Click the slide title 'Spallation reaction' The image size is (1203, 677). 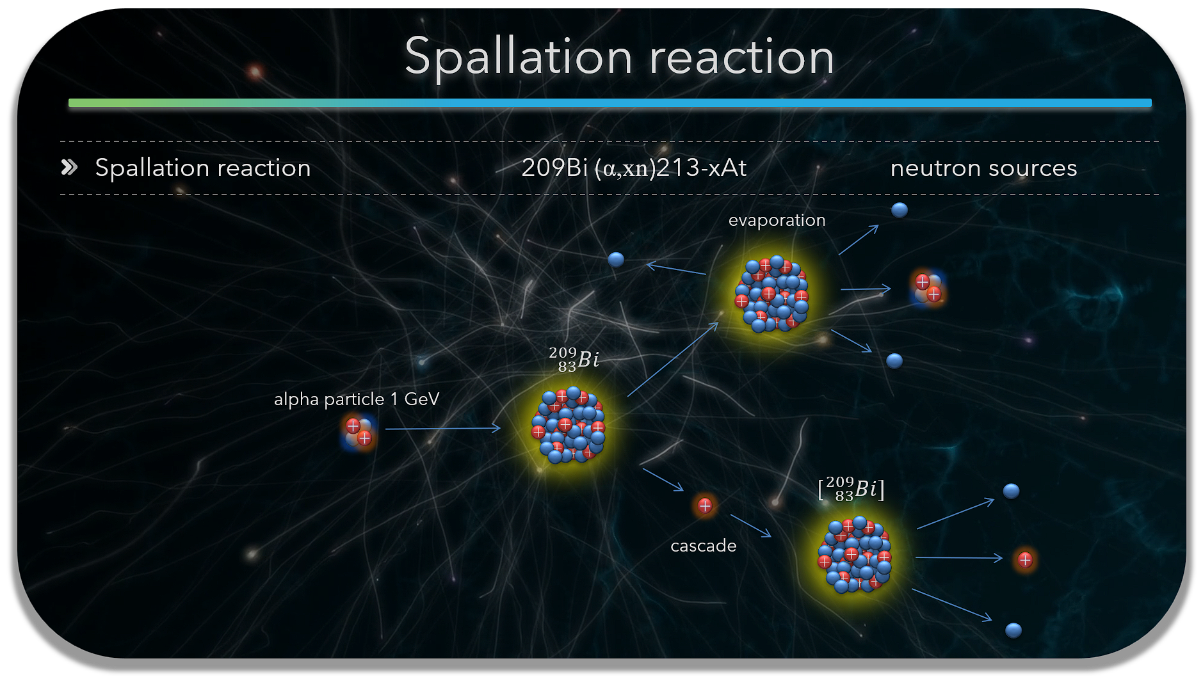click(x=619, y=57)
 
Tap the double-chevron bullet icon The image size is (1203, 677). click(x=69, y=168)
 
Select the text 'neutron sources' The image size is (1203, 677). click(x=983, y=168)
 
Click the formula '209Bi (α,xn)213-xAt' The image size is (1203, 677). click(x=634, y=168)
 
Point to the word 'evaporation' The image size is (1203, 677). click(x=777, y=220)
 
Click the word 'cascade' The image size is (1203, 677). click(x=703, y=546)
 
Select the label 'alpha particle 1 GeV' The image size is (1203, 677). click(x=357, y=399)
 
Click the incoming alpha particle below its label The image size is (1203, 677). click(x=359, y=433)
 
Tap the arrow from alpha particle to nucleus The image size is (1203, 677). click(x=443, y=428)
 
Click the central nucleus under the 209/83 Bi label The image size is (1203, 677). click(x=568, y=425)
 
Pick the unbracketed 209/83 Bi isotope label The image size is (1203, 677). click(x=574, y=360)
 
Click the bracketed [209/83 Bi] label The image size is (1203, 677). click(x=851, y=490)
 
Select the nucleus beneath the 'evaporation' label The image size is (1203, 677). click(x=772, y=294)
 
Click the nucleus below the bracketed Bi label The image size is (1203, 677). click(x=855, y=554)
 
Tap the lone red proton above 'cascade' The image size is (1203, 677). click(x=705, y=506)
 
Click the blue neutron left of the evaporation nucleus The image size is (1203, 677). click(x=616, y=259)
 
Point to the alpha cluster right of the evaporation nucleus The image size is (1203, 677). click(x=928, y=289)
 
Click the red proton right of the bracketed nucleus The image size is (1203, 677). click(x=1025, y=561)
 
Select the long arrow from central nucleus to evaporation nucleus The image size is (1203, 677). click(x=673, y=360)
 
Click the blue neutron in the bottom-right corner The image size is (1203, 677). click(x=1013, y=630)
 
